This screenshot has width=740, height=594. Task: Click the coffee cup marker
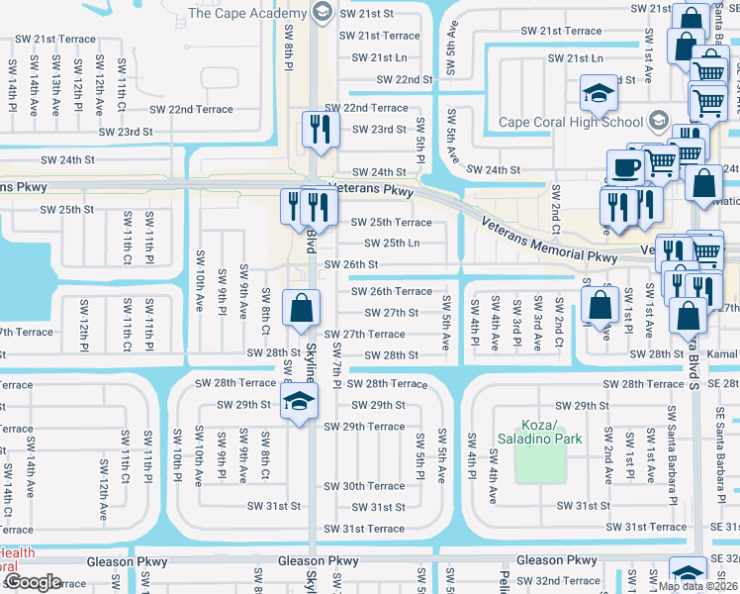coord(624,167)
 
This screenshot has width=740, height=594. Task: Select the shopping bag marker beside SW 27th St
coord(301,307)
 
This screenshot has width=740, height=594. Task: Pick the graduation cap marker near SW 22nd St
coord(597,95)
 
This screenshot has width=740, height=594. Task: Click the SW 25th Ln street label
coord(386,244)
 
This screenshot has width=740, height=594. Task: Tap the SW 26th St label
coord(351,264)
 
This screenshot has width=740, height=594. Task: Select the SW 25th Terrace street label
coord(392,223)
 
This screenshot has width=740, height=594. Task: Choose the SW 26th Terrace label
coord(392,291)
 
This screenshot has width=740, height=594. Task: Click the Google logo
coord(32,582)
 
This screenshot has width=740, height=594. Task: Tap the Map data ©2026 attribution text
coord(697,586)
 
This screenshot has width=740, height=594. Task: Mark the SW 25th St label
coord(67,210)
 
